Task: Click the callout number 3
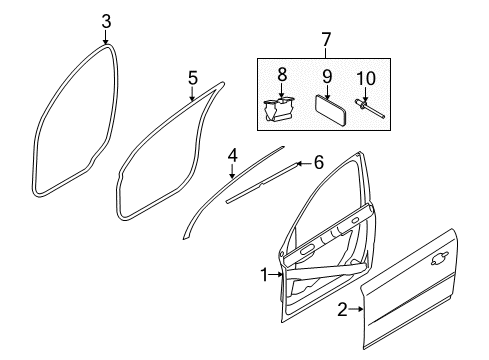click(106, 22)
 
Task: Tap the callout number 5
click(193, 78)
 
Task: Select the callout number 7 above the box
click(326, 40)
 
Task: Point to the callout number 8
click(282, 75)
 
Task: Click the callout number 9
click(327, 76)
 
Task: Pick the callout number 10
click(366, 78)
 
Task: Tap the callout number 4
click(233, 156)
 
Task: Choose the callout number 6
click(319, 163)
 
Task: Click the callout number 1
click(264, 275)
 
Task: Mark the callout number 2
click(342, 310)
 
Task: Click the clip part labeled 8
click(279, 110)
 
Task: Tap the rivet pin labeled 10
click(370, 108)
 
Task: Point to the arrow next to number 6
click(303, 163)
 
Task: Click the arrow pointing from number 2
click(356, 310)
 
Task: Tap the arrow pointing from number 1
click(276, 275)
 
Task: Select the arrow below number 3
click(106, 37)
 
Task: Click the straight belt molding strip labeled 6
click(262, 183)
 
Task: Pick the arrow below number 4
click(232, 171)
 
